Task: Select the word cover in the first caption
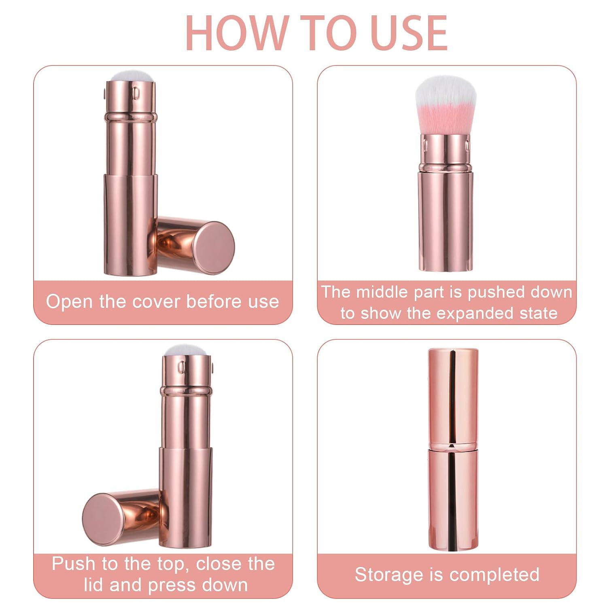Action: point(156,301)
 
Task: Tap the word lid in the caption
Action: point(94,585)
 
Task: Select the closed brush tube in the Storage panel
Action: point(453,449)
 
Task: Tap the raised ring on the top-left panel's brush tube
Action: point(130,117)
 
